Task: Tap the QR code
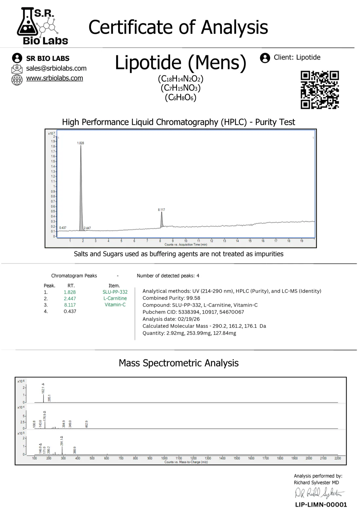coord(319,89)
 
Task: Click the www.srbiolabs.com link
coord(54,78)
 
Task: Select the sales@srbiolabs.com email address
coord(56,69)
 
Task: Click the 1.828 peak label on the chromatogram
coord(81,143)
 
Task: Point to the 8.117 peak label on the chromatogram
coord(161,209)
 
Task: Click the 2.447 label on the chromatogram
coord(87,228)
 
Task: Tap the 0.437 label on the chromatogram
coord(63,227)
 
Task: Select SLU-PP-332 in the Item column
coord(115,292)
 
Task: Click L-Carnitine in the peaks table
coord(115,298)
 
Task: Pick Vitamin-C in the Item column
coord(115,305)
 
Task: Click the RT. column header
coord(71,286)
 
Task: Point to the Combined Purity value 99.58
coord(194,298)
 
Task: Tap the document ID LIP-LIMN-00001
coord(321,505)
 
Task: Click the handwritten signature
coord(319,493)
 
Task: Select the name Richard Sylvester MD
coord(316,483)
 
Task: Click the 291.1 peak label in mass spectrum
coord(62,442)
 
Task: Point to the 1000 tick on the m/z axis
coord(164,458)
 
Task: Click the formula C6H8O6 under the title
coord(180,98)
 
